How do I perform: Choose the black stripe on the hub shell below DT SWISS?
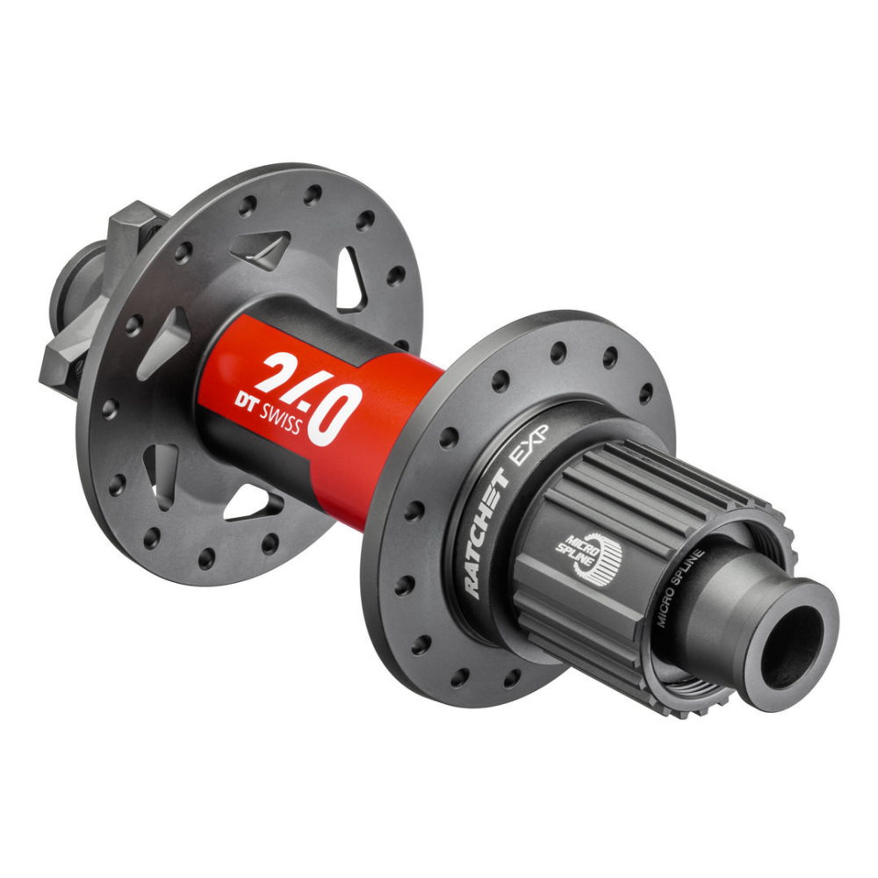(263, 448)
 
